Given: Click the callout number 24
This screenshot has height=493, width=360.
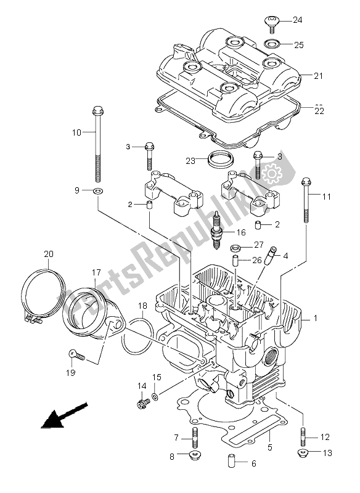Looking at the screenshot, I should point(298,20).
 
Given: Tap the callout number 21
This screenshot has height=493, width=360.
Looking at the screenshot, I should point(318,76).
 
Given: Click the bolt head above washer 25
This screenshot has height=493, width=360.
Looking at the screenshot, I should point(272,22).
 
